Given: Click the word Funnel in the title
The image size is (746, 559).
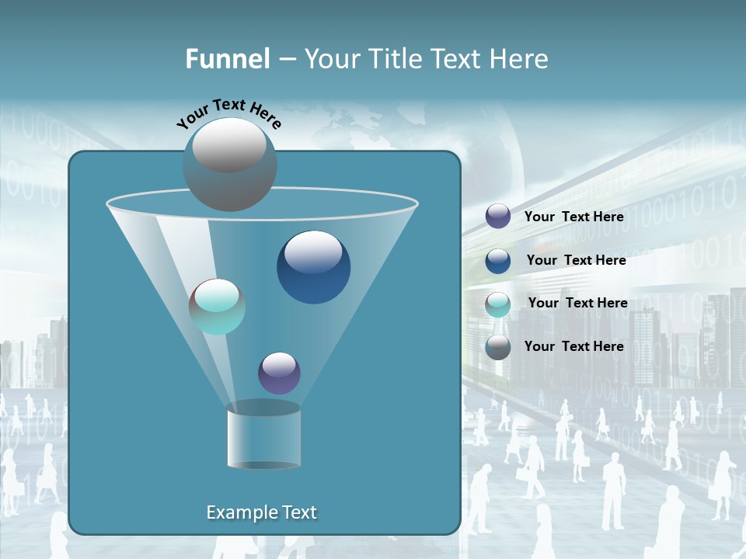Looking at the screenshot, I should click(x=228, y=59).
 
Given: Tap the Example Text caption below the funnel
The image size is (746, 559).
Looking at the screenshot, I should click(x=262, y=512).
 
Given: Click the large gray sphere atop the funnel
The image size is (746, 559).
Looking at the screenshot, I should click(x=229, y=164).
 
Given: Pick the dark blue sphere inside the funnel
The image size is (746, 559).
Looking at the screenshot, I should click(x=313, y=267).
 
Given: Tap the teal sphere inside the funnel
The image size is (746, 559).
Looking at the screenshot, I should click(x=217, y=307).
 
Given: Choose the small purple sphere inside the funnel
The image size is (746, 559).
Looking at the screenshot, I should click(x=279, y=373).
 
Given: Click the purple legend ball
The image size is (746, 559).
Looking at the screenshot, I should click(x=498, y=217).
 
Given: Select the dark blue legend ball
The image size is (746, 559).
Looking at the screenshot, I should click(x=498, y=260).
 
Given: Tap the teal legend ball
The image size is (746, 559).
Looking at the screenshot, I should click(x=498, y=304).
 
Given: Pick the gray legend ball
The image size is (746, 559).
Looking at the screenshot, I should click(x=498, y=347).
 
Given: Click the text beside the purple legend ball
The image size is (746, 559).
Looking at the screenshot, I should click(x=573, y=217).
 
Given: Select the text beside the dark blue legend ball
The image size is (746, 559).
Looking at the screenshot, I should click(x=576, y=260).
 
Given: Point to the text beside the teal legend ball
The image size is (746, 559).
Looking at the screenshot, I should click(x=577, y=303).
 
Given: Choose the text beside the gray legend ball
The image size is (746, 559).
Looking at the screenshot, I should click(x=573, y=346).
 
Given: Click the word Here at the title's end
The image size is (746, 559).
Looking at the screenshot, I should click(x=520, y=59).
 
